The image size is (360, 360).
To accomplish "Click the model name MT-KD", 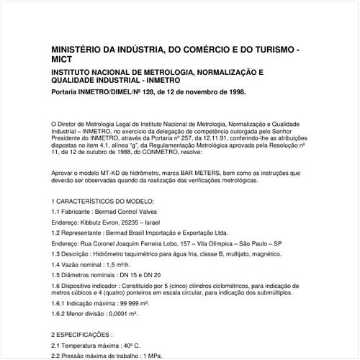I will coord(101,174).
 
